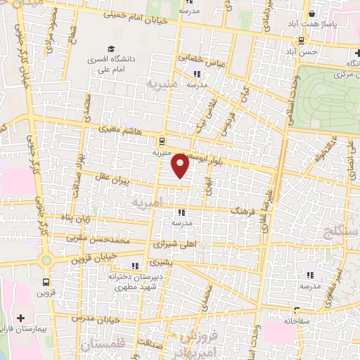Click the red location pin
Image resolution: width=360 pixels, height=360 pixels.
point(181,165)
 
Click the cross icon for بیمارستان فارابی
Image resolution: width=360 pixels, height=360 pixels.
point(20,318)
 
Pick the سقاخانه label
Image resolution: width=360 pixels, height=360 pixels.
point(299,319)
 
